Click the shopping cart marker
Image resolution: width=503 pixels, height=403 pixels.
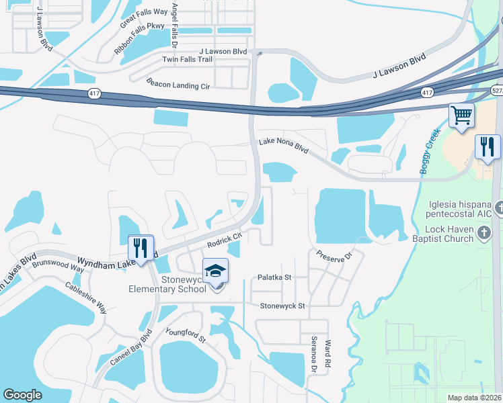point(462,116)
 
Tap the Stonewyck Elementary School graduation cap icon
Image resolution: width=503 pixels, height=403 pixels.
point(216,271)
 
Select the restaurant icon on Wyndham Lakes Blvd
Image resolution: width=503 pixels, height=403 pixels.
point(141,247)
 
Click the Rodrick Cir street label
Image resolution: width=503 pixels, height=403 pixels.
point(224,239)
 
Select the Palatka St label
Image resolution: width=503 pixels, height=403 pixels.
point(274,277)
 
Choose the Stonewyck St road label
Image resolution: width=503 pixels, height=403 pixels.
point(283,306)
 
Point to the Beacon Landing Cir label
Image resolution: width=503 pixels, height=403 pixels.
point(178,83)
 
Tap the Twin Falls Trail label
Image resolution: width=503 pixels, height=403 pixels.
point(188,60)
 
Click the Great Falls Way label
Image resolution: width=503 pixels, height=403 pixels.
point(144,18)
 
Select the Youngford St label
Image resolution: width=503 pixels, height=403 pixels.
point(185,334)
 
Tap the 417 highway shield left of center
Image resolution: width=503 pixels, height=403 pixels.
point(94,94)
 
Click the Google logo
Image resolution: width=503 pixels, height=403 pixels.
point(22,395)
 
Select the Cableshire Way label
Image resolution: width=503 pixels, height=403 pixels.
point(86,296)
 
